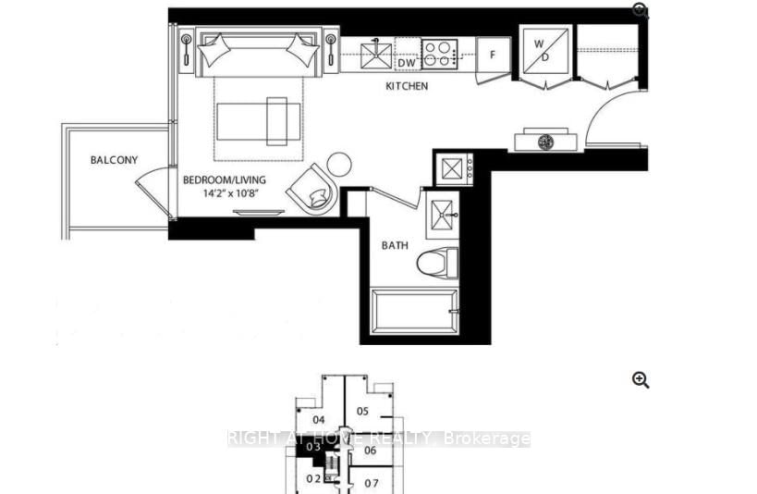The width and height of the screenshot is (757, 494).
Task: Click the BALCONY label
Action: point(114,160)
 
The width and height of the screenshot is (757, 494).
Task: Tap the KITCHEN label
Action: point(407,86)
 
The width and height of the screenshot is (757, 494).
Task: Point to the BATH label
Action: point(396,246)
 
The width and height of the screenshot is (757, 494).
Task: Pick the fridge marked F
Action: point(493,55)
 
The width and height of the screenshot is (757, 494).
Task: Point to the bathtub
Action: point(412,314)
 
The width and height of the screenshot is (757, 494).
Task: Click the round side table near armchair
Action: point(339,166)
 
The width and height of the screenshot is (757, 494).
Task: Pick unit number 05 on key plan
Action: point(362,411)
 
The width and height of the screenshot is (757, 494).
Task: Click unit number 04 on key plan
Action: point(319,418)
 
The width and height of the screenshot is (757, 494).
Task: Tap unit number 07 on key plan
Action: point(372,483)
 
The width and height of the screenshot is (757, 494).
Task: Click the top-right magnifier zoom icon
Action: point(641,11)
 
